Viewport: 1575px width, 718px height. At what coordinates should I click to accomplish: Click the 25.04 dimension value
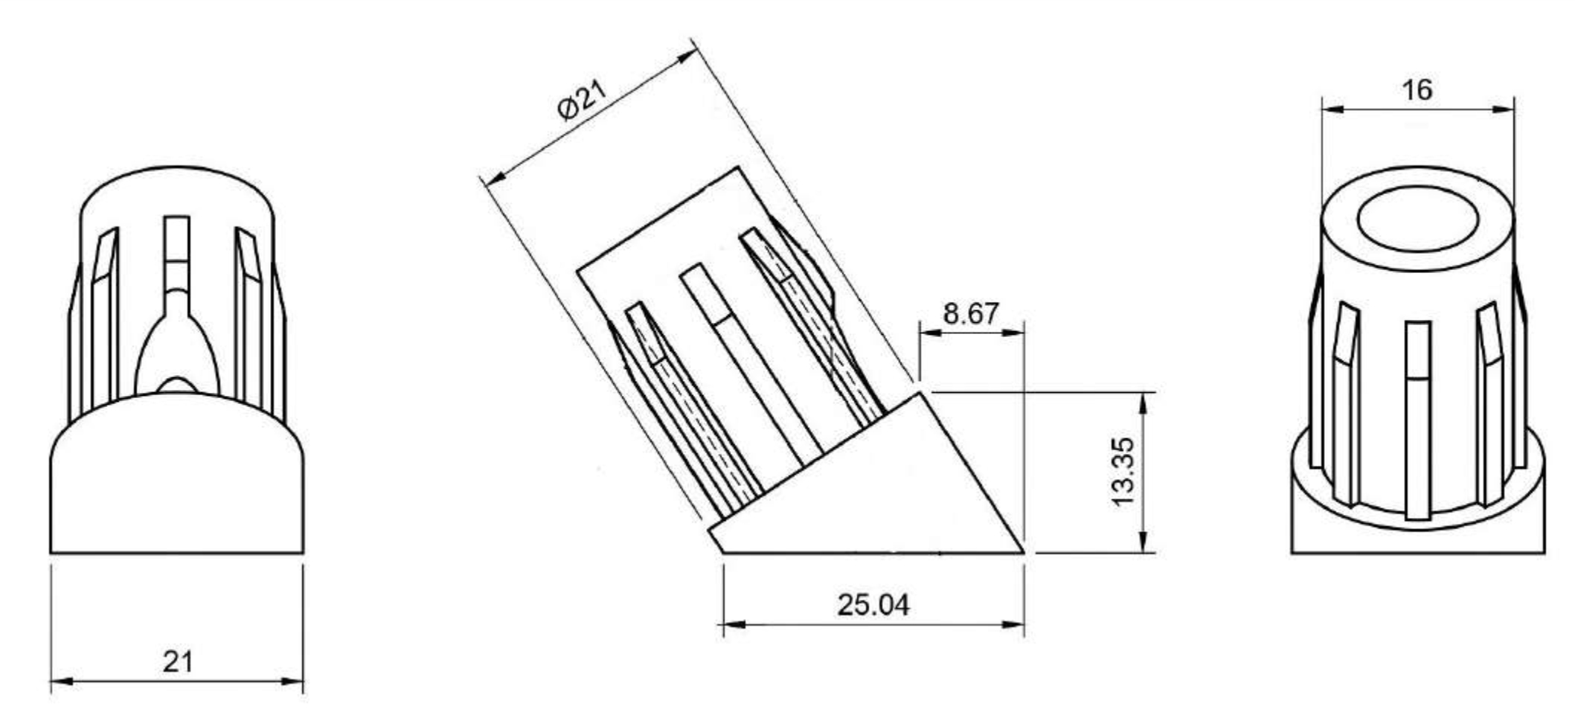click(873, 605)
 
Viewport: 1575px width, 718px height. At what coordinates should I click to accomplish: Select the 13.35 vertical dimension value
click(1123, 472)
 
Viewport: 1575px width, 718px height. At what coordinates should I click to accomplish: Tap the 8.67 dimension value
click(971, 313)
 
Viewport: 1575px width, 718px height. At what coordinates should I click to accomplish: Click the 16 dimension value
click(1417, 90)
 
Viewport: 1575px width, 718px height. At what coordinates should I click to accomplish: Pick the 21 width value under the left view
click(177, 661)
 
